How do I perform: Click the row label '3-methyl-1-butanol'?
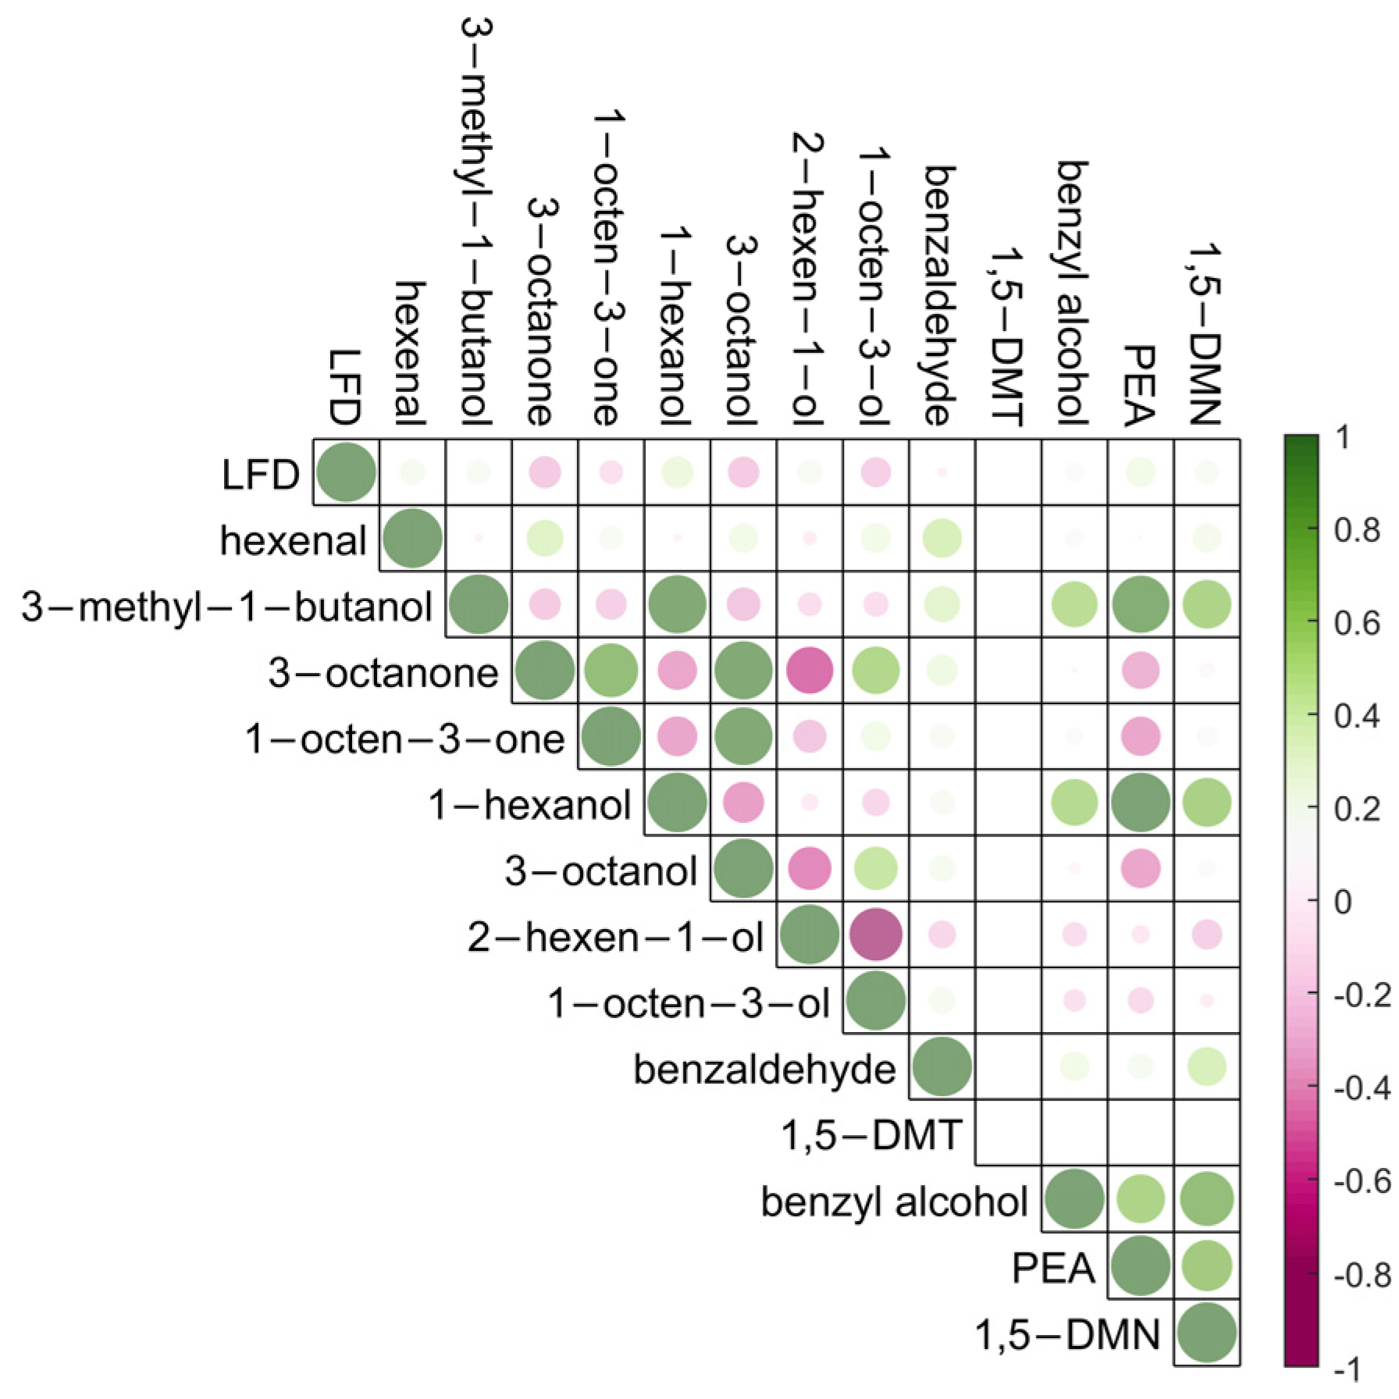click(x=226, y=607)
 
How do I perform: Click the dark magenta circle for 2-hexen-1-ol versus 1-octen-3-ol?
click(x=875, y=934)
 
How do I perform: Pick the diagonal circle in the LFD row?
click(x=347, y=472)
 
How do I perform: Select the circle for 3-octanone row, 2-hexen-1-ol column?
click(x=810, y=670)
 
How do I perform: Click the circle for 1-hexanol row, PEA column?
click(x=1141, y=803)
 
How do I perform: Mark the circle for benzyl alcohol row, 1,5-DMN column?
click(x=1207, y=1199)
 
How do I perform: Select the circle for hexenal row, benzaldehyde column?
click(x=942, y=538)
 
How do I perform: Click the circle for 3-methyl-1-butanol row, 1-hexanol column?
click(x=677, y=604)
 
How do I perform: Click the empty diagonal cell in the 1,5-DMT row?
click(x=1008, y=1133)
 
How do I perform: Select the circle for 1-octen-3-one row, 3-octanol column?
click(x=743, y=736)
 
